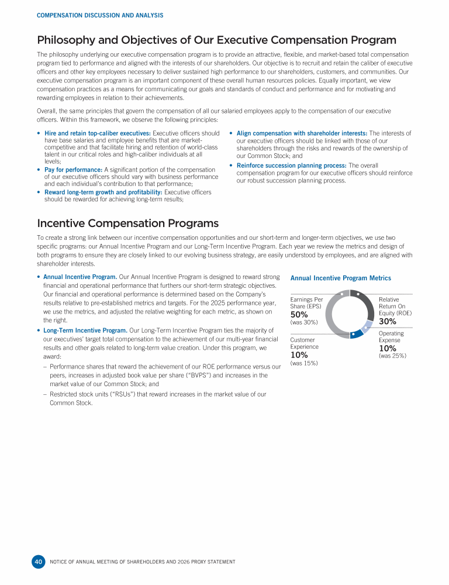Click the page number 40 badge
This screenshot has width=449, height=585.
38,562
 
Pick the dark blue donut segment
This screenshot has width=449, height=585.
355,335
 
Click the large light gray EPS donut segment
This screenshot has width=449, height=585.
331,316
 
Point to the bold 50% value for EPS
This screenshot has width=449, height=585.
299,315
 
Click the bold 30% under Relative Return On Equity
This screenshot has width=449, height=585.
388,321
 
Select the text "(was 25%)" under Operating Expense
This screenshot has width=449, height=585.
392,356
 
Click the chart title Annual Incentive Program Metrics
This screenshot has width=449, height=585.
340,278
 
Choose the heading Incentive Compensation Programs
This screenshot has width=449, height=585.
127,223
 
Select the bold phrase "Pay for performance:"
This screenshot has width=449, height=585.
73,170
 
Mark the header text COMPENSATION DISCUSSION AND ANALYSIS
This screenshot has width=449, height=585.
100,15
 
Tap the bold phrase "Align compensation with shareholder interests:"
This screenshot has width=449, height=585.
302,133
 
